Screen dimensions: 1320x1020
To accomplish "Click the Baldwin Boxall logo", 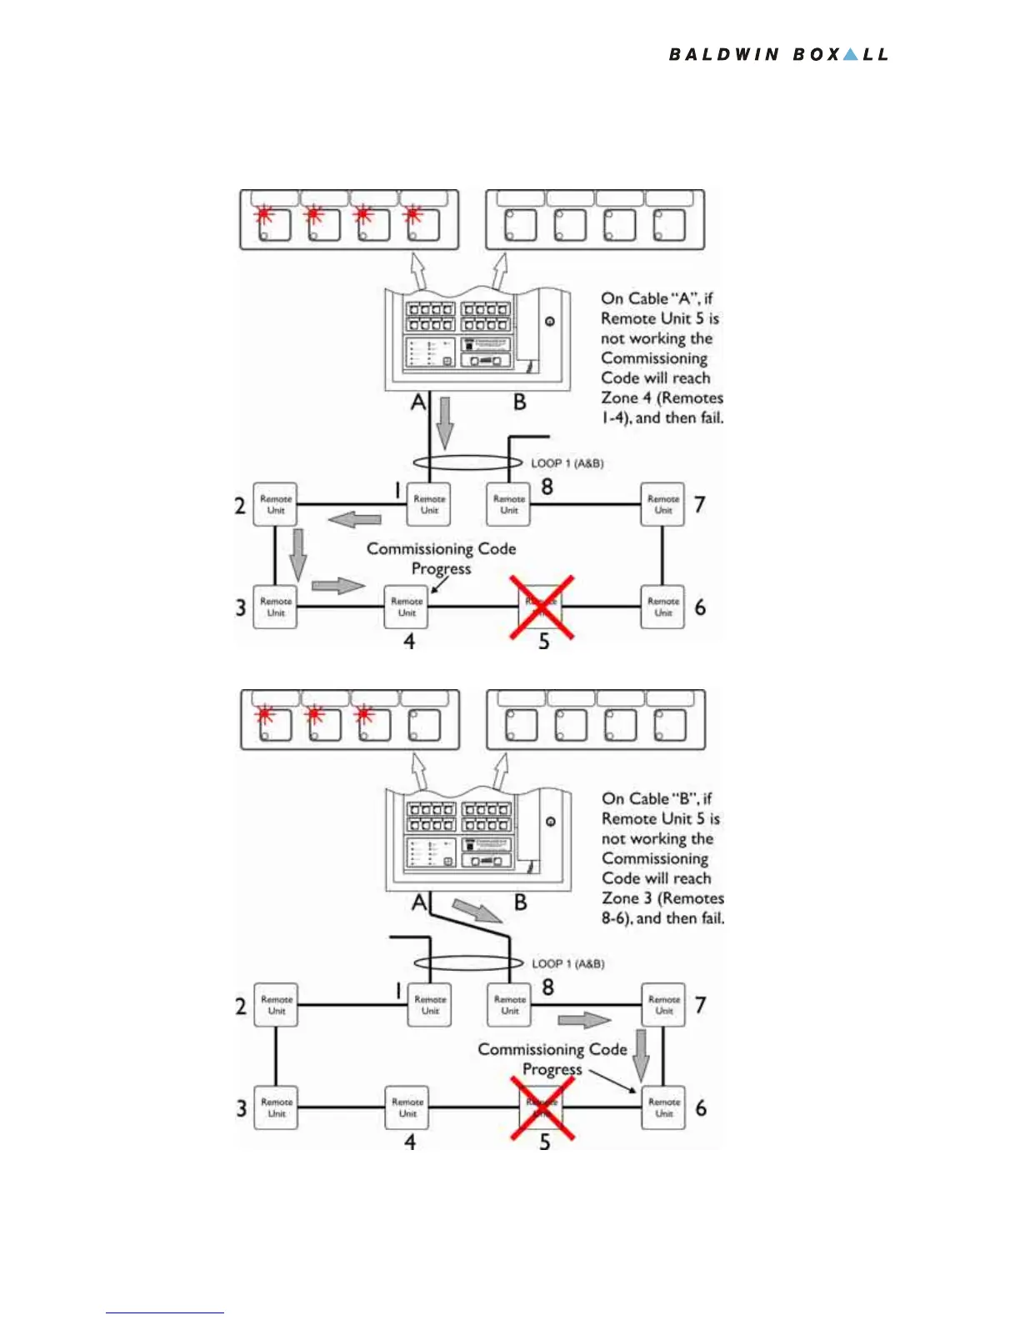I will [x=778, y=55].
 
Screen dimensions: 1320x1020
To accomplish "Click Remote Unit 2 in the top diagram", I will [x=276, y=504].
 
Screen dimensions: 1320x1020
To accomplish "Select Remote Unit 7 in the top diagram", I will [x=662, y=504].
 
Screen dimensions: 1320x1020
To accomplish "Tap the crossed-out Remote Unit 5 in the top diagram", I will [x=542, y=607].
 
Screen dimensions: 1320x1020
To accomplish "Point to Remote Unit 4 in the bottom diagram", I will [x=407, y=1107].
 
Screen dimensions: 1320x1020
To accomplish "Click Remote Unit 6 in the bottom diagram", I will [x=664, y=1107].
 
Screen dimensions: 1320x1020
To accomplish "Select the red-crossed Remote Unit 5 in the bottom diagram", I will [x=542, y=1107].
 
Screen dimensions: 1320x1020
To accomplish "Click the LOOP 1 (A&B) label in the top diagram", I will [x=567, y=463].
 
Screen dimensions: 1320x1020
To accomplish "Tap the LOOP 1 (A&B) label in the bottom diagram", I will [x=568, y=964].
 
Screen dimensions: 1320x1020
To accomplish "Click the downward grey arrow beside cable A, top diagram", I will [x=445, y=422].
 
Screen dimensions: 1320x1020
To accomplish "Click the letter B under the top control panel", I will [x=520, y=402].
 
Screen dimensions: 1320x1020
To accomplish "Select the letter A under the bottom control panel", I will [x=419, y=902].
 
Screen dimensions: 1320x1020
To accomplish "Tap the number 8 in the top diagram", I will [x=547, y=487].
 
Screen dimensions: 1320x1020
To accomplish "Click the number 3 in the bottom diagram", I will [x=242, y=1108].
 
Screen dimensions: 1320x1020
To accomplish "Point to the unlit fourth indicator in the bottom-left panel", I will [x=423, y=724].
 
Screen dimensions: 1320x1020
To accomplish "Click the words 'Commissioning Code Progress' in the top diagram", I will [x=442, y=558].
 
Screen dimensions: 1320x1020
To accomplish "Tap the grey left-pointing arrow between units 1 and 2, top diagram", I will [x=355, y=520].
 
